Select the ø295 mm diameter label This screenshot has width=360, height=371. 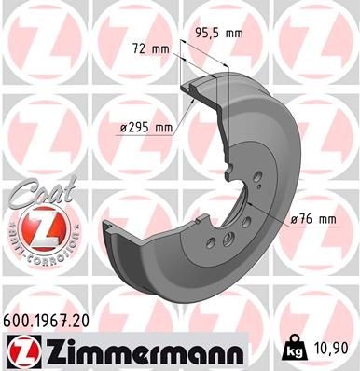pyautogui.click(x=148, y=128)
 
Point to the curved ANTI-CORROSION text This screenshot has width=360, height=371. pyautogui.click(x=32, y=249)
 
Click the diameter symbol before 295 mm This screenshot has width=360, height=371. pyautogui.click(x=122, y=128)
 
